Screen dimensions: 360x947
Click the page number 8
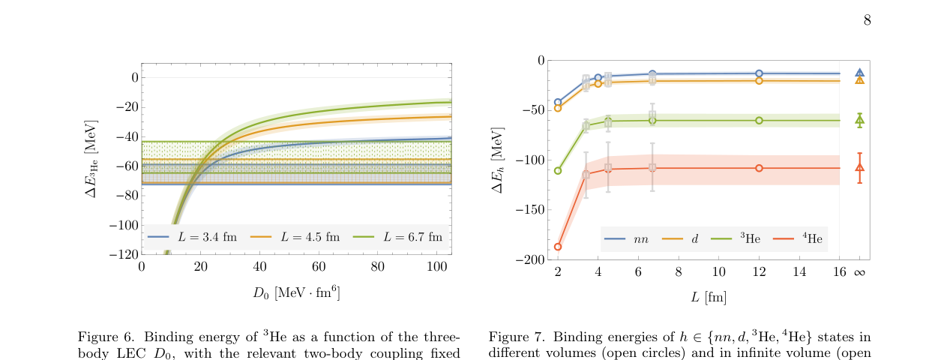tap(867, 20)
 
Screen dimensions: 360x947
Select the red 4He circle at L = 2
tap(558, 247)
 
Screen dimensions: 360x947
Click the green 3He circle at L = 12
tap(759, 120)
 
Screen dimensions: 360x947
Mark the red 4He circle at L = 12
tap(759, 168)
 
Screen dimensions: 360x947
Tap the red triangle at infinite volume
tap(859, 167)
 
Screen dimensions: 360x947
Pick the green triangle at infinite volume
tap(859, 119)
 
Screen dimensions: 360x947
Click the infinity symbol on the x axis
tap(859, 272)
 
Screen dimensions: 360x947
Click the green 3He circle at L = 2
tap(558, 170)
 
